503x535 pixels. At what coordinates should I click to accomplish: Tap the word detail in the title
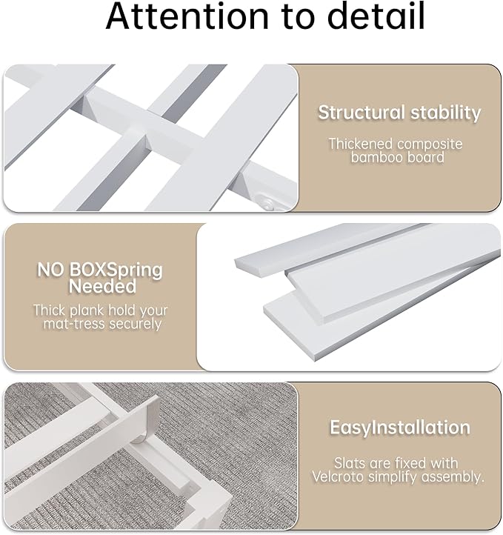(x=372, y=17)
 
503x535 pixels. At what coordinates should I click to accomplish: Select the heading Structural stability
(x=399, y=113)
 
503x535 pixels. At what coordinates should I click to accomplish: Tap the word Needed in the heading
(x=102, y=286)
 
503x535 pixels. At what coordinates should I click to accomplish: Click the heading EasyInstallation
(x=399, y=428)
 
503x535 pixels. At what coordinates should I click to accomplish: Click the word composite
(x=433, y=142)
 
